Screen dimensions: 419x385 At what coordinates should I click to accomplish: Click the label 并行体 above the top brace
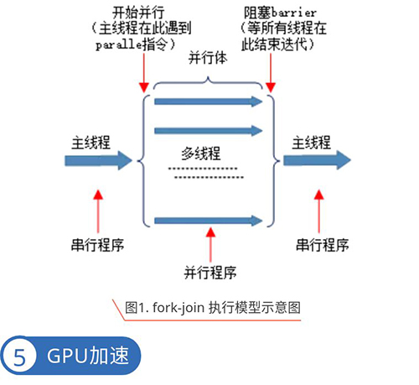click(x=208, y=58)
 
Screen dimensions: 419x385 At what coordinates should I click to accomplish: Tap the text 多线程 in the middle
click(x=201, y=153)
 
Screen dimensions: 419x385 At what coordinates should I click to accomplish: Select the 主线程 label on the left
click(x=91, y=143)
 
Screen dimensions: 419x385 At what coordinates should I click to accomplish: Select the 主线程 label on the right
click(x=312, y=143)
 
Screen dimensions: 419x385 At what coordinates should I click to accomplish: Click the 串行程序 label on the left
click(x=97, y=245)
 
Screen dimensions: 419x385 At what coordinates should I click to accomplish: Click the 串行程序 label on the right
click(x=323, y=245)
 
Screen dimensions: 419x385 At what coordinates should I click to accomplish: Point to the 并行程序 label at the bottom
click(x=210, y=273)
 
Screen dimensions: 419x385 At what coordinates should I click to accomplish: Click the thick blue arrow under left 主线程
click(x=98, y=161)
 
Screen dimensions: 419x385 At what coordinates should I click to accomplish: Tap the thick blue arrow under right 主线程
click(x=317, y=160)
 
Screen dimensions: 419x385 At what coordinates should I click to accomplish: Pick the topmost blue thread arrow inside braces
click(x=209, y=101)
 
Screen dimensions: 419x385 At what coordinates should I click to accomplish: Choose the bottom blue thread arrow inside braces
click(x=209, y=221)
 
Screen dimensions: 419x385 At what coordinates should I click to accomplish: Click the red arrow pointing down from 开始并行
click(x=144, y=73)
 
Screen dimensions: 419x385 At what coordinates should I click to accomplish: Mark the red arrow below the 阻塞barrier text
click(x=271, y=73)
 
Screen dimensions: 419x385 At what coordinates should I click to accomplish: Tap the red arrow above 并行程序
click(x=210, y=245)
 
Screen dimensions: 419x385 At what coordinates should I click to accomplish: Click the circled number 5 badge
click(x=18, y=356)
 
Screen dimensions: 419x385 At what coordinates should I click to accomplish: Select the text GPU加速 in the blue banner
click(x=88, y=356)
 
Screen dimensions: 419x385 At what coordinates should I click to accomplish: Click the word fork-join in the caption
click(x=178, y=308)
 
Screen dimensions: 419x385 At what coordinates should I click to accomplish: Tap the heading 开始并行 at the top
click(x=138, y=13)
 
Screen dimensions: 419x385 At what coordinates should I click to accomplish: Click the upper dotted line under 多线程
click(x=203, y=169)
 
